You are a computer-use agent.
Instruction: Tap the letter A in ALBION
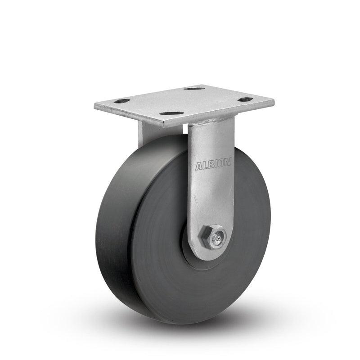coord(198,167)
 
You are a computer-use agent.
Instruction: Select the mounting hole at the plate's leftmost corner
coord(121,101)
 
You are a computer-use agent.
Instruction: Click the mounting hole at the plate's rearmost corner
coord(194,89)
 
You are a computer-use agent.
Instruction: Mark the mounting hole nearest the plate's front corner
coord(171,113)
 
